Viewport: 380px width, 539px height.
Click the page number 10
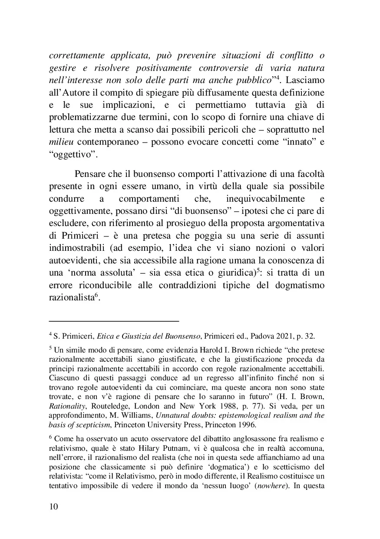coord(53,507)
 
